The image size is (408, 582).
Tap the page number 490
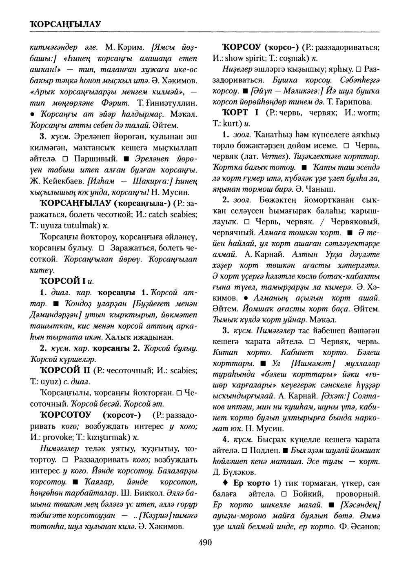point(205,542)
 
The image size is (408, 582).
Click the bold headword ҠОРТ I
point(235,112)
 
